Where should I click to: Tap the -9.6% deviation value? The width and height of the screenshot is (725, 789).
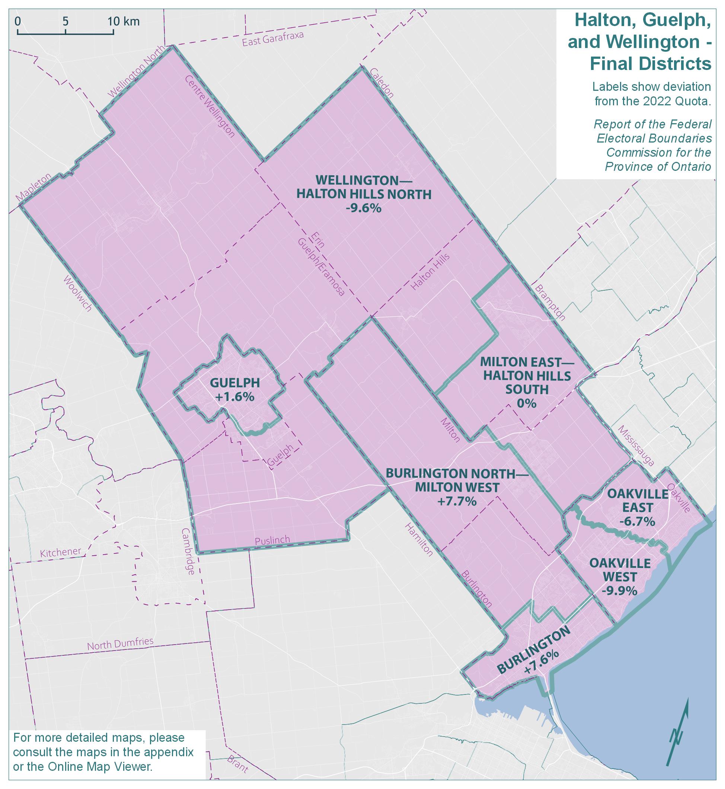(363, 208)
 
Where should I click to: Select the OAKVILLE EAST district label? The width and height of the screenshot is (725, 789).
(638, 500)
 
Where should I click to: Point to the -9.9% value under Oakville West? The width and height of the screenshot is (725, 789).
(620, 591)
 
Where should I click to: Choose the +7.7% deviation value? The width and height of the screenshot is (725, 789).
(457, 501)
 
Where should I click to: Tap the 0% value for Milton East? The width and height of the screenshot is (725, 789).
(527, 403)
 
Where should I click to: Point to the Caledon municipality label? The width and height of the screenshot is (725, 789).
(381, 83)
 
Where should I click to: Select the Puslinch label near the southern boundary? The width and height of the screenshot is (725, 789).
(272, 541)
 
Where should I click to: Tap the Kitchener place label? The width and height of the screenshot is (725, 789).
(61, 552)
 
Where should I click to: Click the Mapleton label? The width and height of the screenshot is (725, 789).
(34, 188)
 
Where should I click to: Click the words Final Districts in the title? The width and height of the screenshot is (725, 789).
(651, 64)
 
